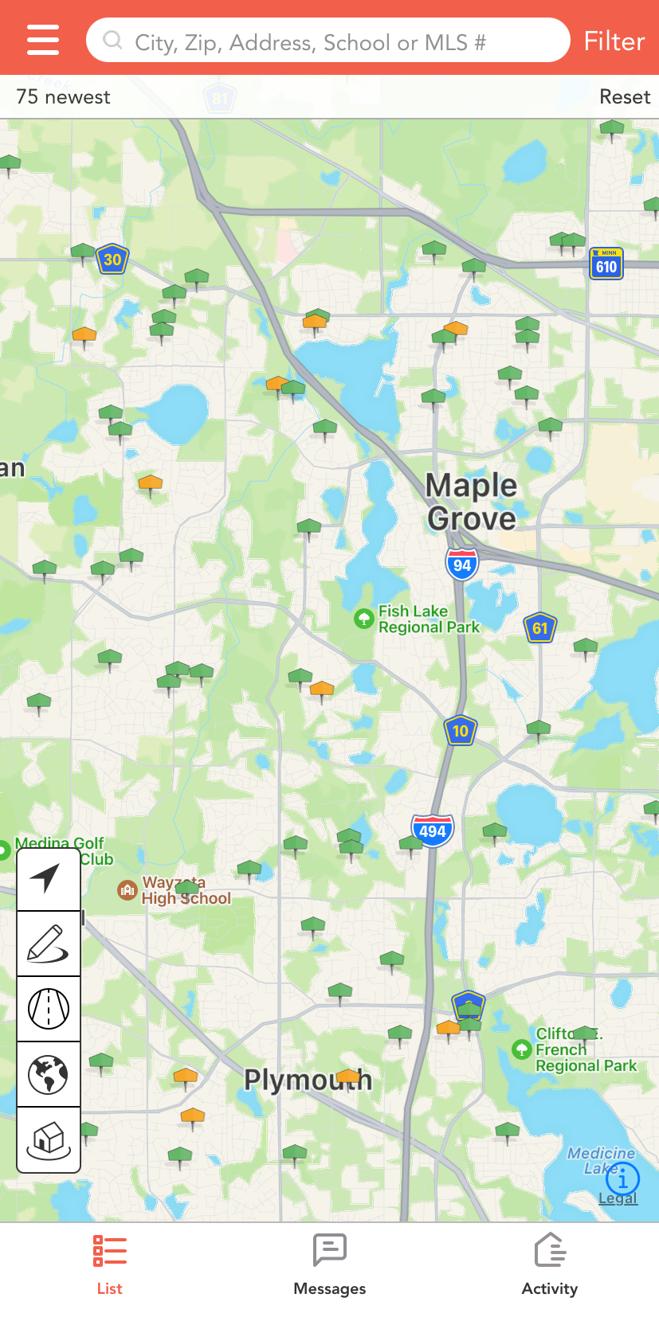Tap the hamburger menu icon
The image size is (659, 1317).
(43, 40)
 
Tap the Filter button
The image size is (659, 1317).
(614, 41)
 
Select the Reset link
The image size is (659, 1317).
(625, 97)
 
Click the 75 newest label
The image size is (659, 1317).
(63, 97)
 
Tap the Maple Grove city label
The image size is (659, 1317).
(471, 502)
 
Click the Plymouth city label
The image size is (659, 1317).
(308, 1080)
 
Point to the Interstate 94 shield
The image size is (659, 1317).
(462, 565)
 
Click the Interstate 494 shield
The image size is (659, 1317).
(433, 831)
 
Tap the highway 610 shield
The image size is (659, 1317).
(606, 264)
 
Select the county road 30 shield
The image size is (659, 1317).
(112, 260)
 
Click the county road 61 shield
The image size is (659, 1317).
(540, 628)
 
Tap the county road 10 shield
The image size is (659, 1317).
(460, 731)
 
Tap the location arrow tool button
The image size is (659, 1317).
(48, 878)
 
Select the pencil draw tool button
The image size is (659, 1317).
(48, 944)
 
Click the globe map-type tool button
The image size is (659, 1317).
(48, 1074)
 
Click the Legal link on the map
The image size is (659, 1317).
(618, 1198)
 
